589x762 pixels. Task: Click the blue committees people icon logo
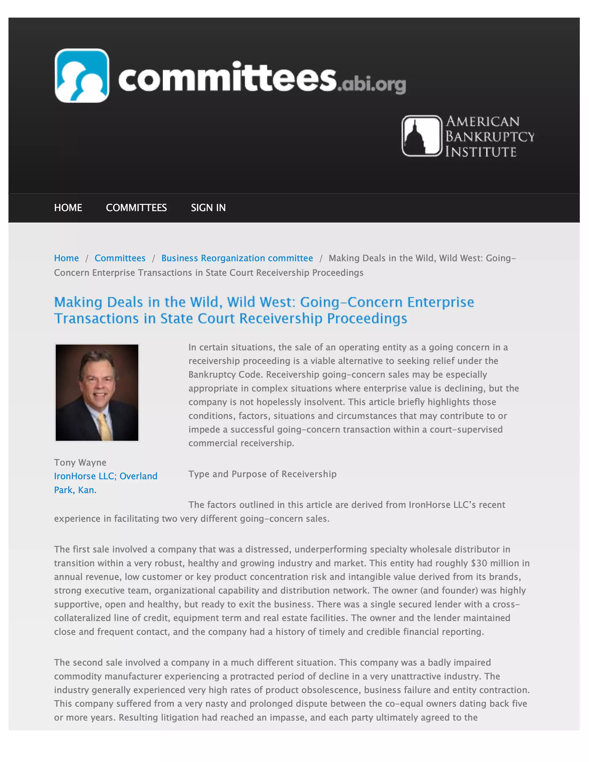point(82,76)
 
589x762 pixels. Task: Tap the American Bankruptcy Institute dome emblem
point(422,136)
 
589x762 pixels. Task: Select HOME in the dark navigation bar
point(68,208)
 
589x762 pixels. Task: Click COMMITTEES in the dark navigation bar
point(136,208)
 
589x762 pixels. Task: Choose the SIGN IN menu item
point(208,208)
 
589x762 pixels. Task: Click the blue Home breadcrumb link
point(66,258)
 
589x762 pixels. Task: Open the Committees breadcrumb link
point(120,258)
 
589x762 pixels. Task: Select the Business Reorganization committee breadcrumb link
point(237,258)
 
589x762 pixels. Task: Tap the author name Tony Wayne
point(80,462)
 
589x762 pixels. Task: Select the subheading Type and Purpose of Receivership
point(262,474)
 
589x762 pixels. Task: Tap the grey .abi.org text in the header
point(371,85)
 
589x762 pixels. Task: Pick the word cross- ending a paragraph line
point(506,604)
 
